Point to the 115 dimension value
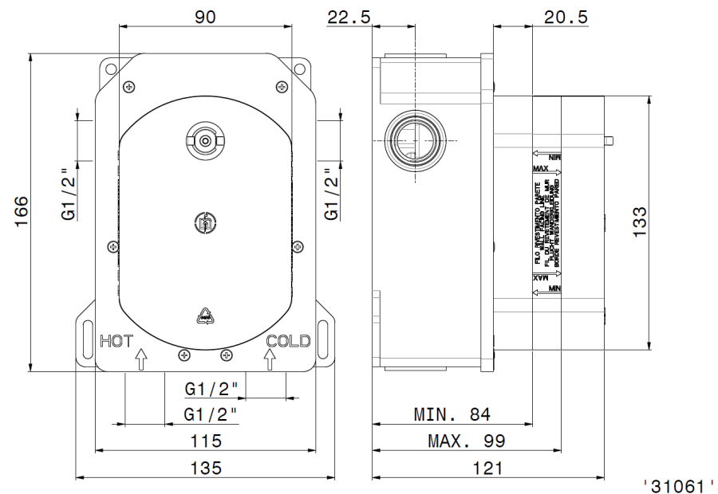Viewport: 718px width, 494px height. click(206, 441)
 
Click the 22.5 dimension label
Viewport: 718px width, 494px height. click(349, 17)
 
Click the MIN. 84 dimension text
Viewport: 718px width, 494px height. click(452, 414)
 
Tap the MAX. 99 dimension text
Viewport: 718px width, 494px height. click(467, 441)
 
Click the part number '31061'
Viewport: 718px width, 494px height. click(678, 484)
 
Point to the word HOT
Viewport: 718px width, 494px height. click(116, 341)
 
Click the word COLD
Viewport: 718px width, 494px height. click(288, 341)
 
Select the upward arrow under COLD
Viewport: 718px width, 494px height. click(270, 359)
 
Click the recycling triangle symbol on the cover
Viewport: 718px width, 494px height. click(206, 316)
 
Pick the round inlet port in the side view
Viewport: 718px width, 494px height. click(414, 139)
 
